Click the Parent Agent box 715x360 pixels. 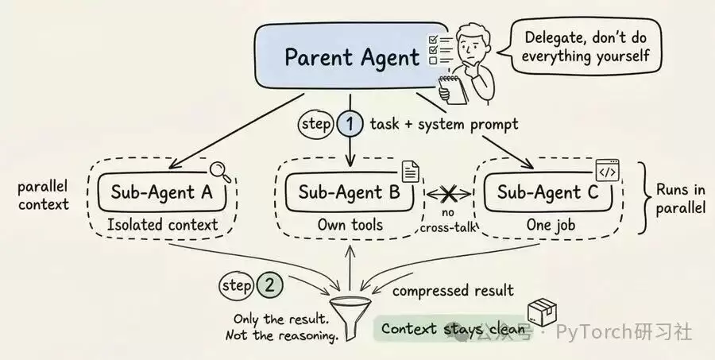tap(351, 56)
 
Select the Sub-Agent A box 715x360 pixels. tap(162, 192)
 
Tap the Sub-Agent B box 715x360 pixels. tap(350, 192)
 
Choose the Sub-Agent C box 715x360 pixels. tap(548, 192)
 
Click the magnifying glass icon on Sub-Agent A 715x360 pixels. tap(220, 172)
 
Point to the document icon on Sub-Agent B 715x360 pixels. tap(411, 172)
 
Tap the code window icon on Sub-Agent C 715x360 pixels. tap(608, 170)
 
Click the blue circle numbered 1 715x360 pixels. tap(350, 124)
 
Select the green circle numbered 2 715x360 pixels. tap(270, 285)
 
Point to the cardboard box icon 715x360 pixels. tap(542, 312)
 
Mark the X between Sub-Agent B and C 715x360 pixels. tap(449, 195)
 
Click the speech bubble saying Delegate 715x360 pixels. tap(586, 47)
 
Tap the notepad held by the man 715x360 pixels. tap(452, 90)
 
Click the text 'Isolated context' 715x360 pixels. tap(163, 225)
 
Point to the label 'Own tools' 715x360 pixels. tap(350, 224)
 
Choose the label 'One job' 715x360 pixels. tap(551, 224)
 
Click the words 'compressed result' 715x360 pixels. tap(453, 291)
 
